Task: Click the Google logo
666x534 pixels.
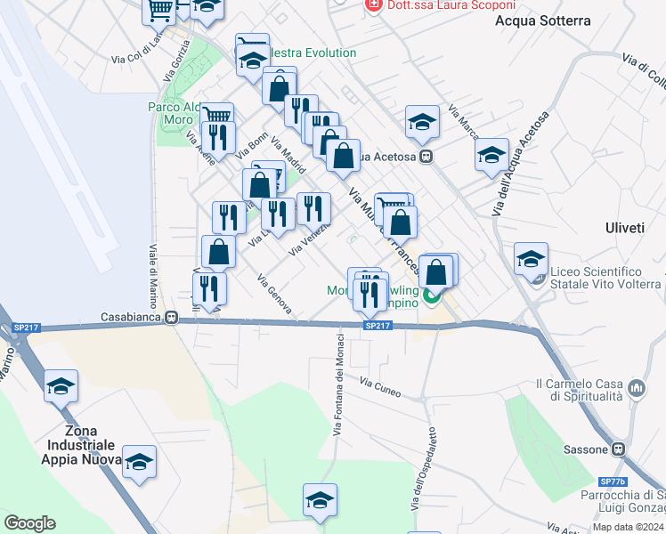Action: coord(29,523)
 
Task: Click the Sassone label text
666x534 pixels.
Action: coord(585,449)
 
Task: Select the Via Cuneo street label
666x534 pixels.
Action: coord(380,386)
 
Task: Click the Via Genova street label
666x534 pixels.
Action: coord(274,294)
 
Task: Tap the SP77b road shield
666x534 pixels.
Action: coord(613,481)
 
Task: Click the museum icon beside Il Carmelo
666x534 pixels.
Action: coord(637,389)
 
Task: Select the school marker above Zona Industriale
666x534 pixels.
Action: coord(61,386)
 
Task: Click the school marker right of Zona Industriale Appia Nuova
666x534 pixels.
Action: coord(140,462)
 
